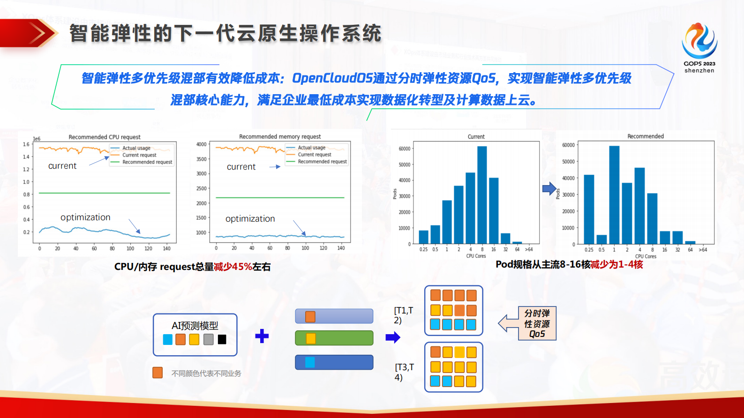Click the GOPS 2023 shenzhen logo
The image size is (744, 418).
[x=699, y=47]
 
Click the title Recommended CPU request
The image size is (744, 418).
[x=105, y=137]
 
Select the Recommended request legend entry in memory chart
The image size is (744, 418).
[x=322, y=162]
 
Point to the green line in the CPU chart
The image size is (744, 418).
[x=104, y=193]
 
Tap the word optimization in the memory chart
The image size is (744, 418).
[x=250, y=219]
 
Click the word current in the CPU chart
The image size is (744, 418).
[x=62, y=166]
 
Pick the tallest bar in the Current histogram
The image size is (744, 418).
[x=482, y=195]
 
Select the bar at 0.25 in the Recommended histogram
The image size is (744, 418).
[x=589, y=209]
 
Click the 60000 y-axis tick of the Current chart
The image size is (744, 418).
[x=404, y=149]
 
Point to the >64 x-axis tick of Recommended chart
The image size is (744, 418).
[x=703, y=250]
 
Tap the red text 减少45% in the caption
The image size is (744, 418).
[x=233, y=267]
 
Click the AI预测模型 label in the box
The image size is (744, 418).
[x=195, y=325]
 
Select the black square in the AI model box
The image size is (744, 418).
[x=222, y=339]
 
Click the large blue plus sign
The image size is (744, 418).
[x=262, y=336]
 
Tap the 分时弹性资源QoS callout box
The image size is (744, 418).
[x=537, y=323]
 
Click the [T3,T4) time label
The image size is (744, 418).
[x=404, y=372]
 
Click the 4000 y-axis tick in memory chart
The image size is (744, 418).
[x=201, y=144]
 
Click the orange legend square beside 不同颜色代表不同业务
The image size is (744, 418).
[x=158, y=373]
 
